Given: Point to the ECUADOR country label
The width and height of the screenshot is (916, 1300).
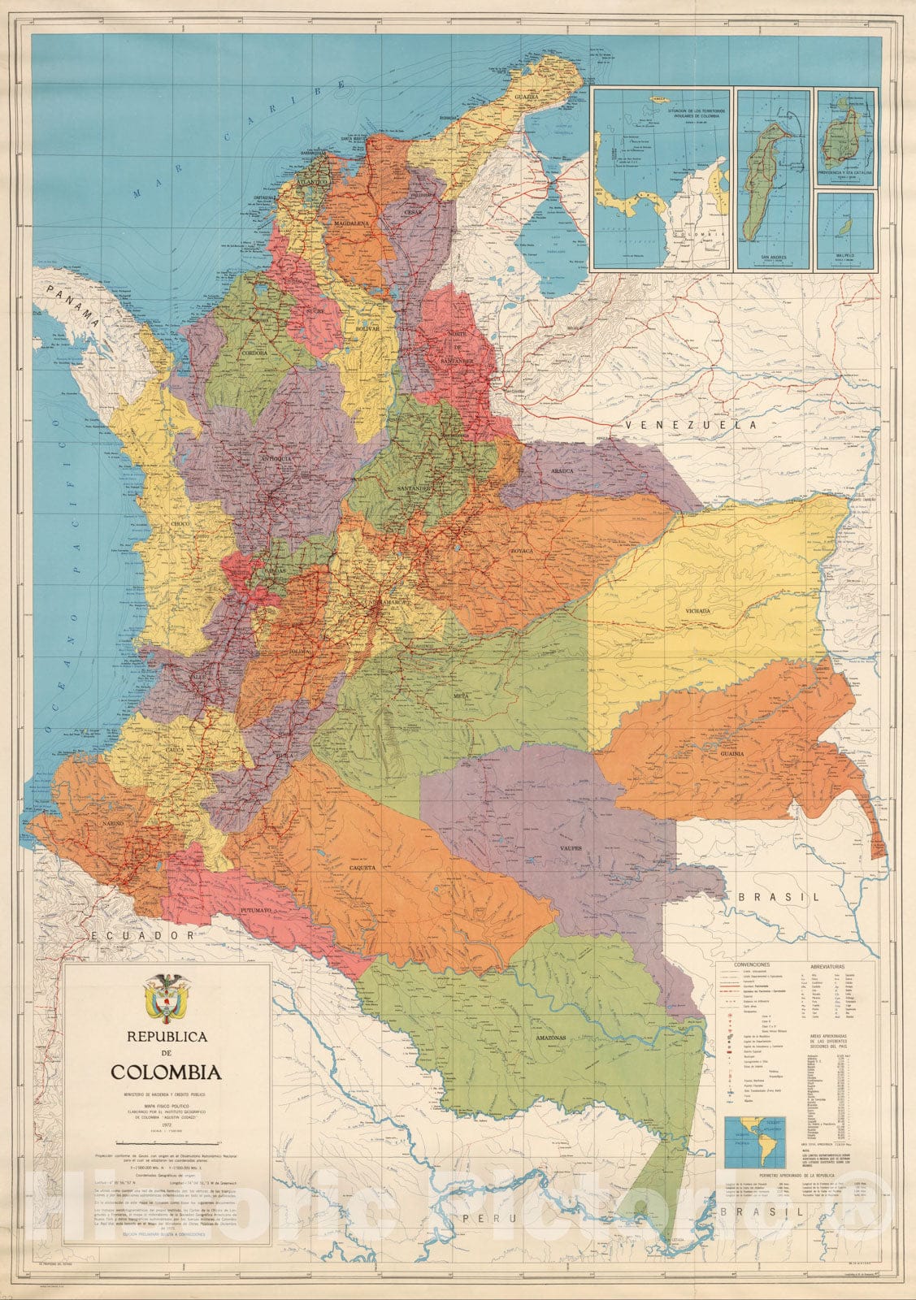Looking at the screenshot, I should point(143,936).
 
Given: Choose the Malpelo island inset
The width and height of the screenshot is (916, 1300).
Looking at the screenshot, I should point(846,230).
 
